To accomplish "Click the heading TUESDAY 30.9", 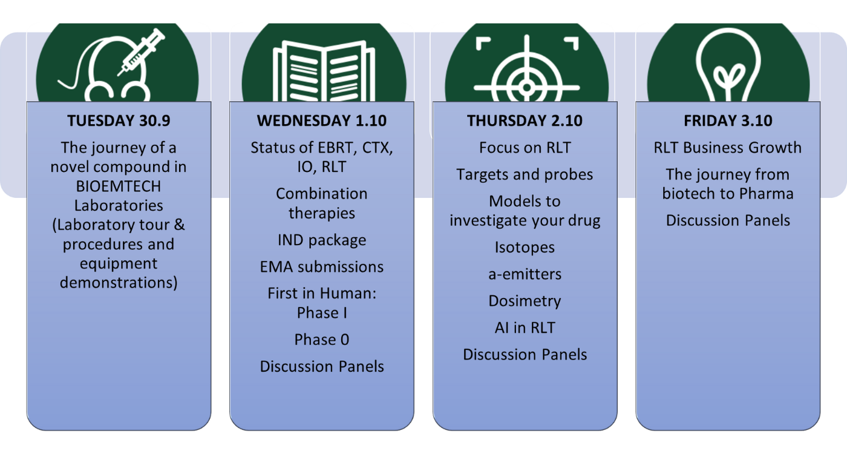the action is click(119, 120).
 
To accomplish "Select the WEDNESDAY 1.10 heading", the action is click(322, 120).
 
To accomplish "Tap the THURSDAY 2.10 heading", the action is click(525, 120).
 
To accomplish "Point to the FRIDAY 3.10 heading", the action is click(728, 120).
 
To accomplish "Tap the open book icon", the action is click(324, 71).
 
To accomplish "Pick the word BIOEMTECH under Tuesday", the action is click(119, 186).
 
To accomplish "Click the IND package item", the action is click(322, 240).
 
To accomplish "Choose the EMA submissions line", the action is click(322, 267).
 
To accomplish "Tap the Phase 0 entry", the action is click(322, 340).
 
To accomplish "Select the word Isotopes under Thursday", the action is click(525, 248).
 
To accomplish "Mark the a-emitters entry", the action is click(525, 274).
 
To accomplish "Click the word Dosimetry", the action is click(525, 301).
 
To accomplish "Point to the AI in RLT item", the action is click(525, 327).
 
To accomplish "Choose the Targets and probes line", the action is click(525, 175).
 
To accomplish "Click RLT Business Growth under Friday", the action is click(728, 148).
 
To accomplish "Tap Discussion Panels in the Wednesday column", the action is click(322, 366).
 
